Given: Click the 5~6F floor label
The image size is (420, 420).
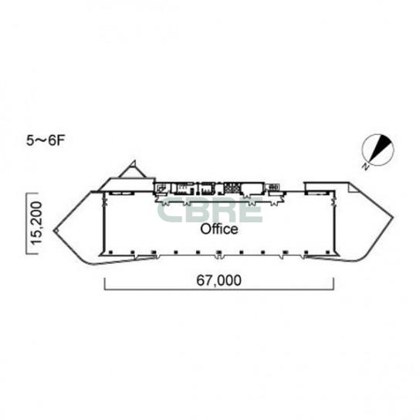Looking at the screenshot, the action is pos(46,141).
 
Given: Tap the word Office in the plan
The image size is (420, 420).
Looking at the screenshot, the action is pos(219,229).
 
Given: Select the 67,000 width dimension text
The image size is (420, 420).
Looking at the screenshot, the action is pos(218,280).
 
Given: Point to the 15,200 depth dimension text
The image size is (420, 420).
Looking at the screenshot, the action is pos(37,223).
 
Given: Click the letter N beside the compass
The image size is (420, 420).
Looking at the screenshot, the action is pos(365,167).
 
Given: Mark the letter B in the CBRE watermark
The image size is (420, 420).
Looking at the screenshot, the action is pos(198,209).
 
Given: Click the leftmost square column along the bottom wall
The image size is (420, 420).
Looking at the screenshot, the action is pos(110,252).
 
